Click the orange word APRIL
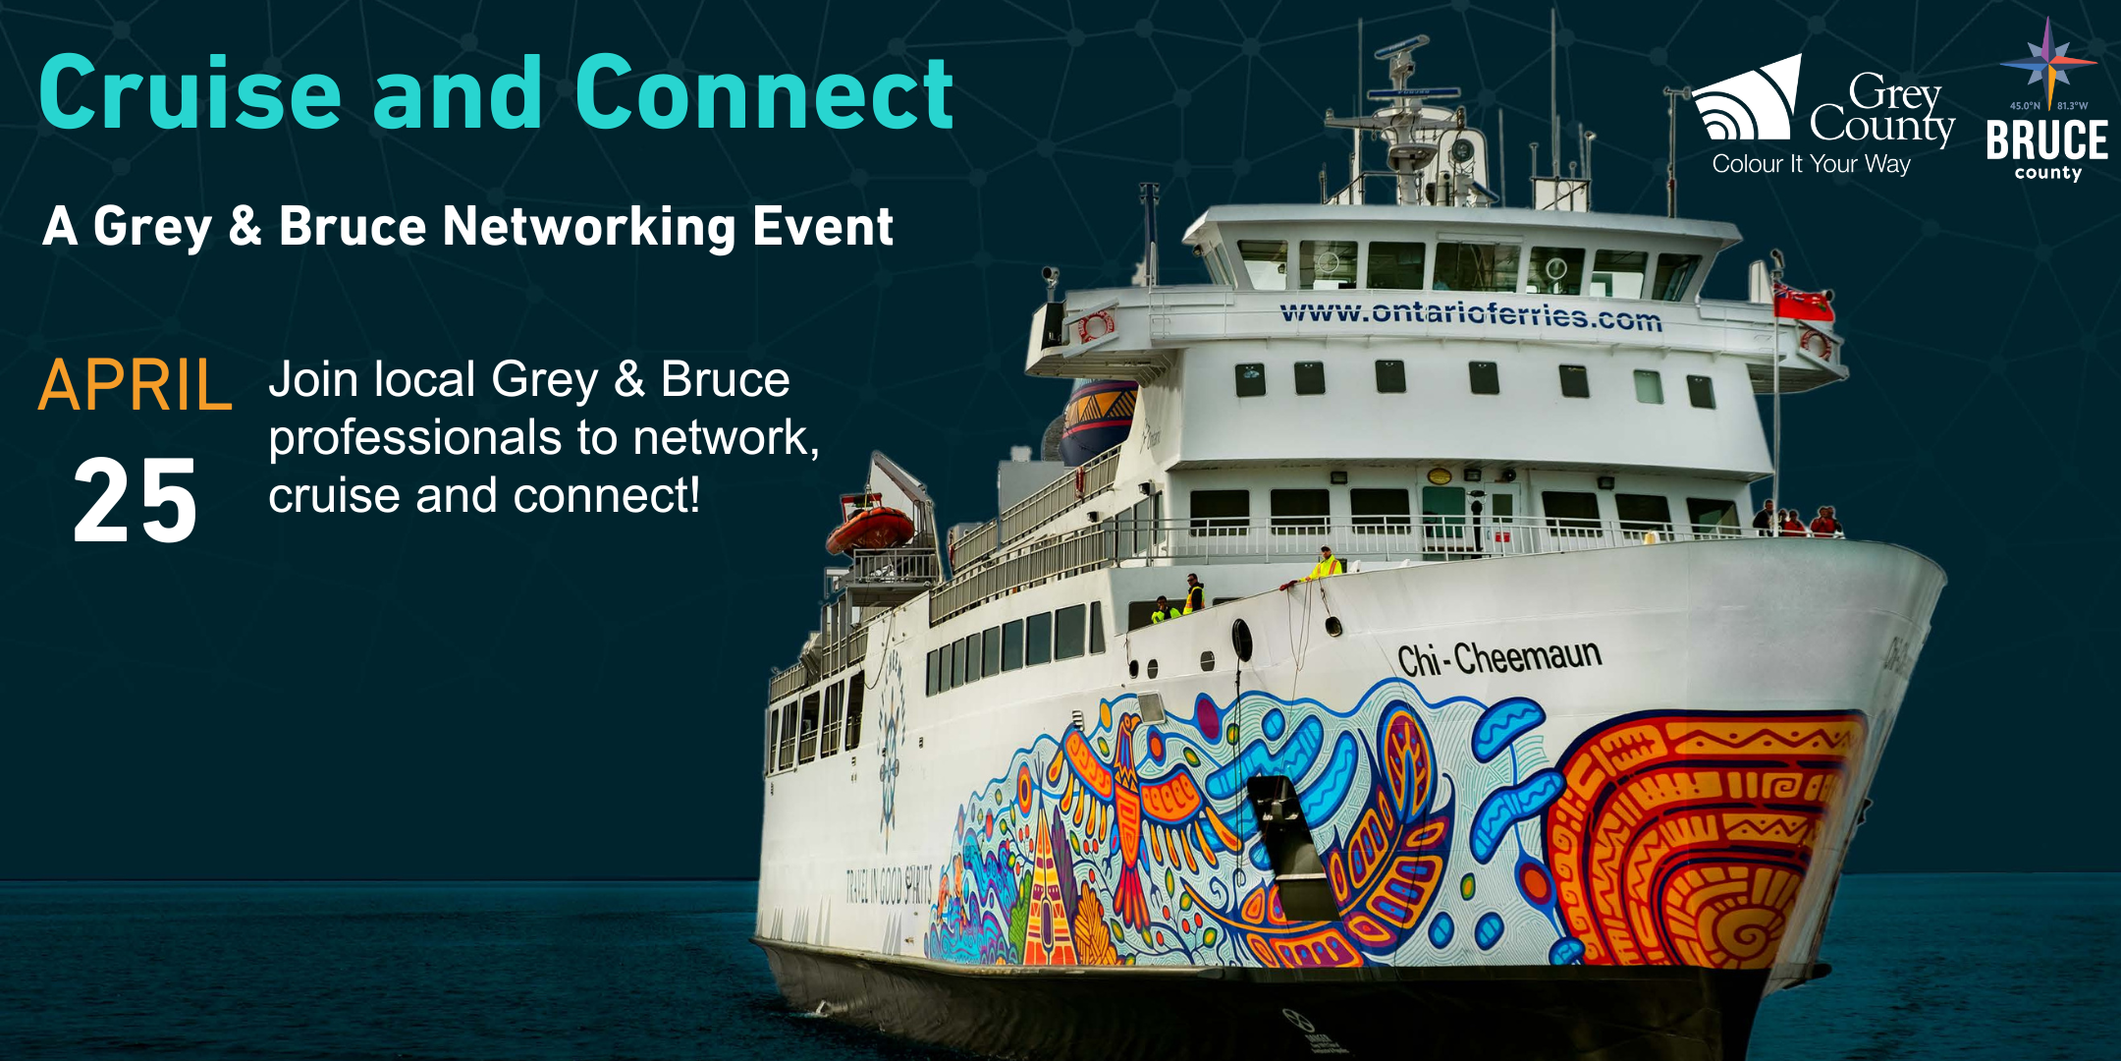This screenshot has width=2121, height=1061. tap(135, 385)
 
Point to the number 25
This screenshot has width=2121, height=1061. tap(136, 502)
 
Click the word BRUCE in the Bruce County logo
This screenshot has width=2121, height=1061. tap(2046, 140)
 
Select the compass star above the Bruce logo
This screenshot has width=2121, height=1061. tap(2047, 59)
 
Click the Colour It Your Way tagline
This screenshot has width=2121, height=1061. tap(1811, 164)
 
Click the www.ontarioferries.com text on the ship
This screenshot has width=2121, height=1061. tap(1470, 314)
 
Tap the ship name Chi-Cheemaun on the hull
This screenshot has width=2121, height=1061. tap(1498, 657)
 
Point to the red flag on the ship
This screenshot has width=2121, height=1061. tap(1803, 302)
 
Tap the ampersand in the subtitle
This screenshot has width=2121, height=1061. tap(245, 227)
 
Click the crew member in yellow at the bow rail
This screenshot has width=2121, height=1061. tap(1325, 565)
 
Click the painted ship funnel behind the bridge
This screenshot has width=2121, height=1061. tap(1097, 418)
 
